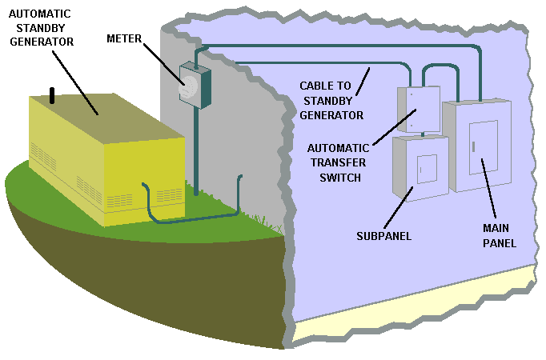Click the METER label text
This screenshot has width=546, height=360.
125,38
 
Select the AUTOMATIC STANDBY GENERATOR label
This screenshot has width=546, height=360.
38,26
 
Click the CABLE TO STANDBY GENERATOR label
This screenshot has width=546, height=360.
331,100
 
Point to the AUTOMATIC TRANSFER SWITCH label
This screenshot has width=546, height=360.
338,159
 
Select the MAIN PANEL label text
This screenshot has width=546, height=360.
498,236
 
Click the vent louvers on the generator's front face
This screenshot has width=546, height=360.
168,196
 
